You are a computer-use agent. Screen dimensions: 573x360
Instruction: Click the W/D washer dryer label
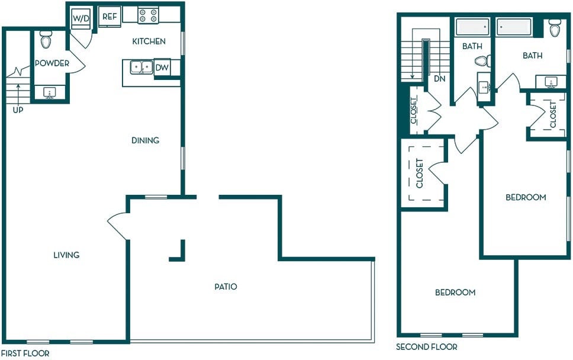tap(81, 18)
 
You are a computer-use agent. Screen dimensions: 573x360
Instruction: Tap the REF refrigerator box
tap(110, 17)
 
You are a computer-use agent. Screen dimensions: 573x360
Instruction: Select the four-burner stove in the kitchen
tap(148, 15)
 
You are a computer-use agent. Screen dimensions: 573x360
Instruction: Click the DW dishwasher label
tap(162, 67)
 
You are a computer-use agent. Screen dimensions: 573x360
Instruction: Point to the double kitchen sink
tap(141, 67)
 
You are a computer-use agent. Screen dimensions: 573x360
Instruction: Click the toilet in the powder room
tap(46, 40)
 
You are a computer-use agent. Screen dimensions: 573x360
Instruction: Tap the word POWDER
tap(52, 63)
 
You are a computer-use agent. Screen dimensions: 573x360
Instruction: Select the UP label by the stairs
tap(18, 110)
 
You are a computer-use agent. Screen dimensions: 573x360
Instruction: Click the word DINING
tap(146, 140)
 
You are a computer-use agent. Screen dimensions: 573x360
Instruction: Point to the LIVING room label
tap(66, 255)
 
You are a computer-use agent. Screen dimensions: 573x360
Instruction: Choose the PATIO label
tap(226, 287)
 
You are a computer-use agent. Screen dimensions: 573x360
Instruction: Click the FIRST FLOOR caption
tap(25, 353)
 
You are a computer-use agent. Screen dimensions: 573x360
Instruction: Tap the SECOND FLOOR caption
tap(426, 347)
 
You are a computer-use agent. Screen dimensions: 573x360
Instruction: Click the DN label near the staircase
tap(440, 78)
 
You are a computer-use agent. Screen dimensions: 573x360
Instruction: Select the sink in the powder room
tap(49, 92)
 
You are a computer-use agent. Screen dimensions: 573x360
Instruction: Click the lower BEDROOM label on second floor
tap(455, 292)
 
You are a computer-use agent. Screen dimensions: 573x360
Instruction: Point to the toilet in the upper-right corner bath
tap(555, 28)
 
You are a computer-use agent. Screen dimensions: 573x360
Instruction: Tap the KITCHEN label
tap(149, 41)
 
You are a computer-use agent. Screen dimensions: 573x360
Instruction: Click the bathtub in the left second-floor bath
tap(472, 27)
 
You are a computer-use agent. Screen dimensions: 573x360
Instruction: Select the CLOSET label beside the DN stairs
tap(414, 110)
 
